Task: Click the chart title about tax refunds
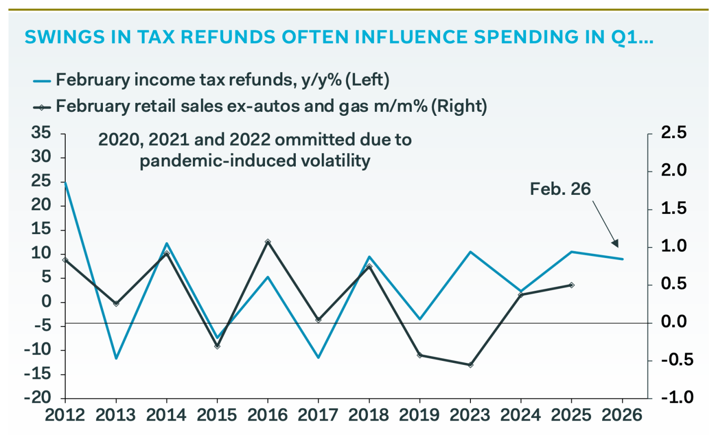[339, 37]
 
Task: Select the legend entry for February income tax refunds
[222, 80]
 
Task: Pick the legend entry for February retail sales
[271, 106]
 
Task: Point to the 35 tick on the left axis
[41, 133]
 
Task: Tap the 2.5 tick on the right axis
[673, 133]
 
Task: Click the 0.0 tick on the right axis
[673, 322]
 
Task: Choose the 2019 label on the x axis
[420, 415]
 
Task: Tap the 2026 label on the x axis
[622, 415]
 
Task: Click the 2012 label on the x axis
[65, 415]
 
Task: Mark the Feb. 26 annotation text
[560, 189]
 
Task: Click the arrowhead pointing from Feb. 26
[616, 244]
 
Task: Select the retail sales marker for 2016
[268, 242]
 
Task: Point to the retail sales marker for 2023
[470, 365]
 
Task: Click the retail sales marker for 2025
[571, 285]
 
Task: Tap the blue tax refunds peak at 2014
[167, 244]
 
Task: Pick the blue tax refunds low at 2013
[116, 358]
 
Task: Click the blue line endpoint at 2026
[622, 259]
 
